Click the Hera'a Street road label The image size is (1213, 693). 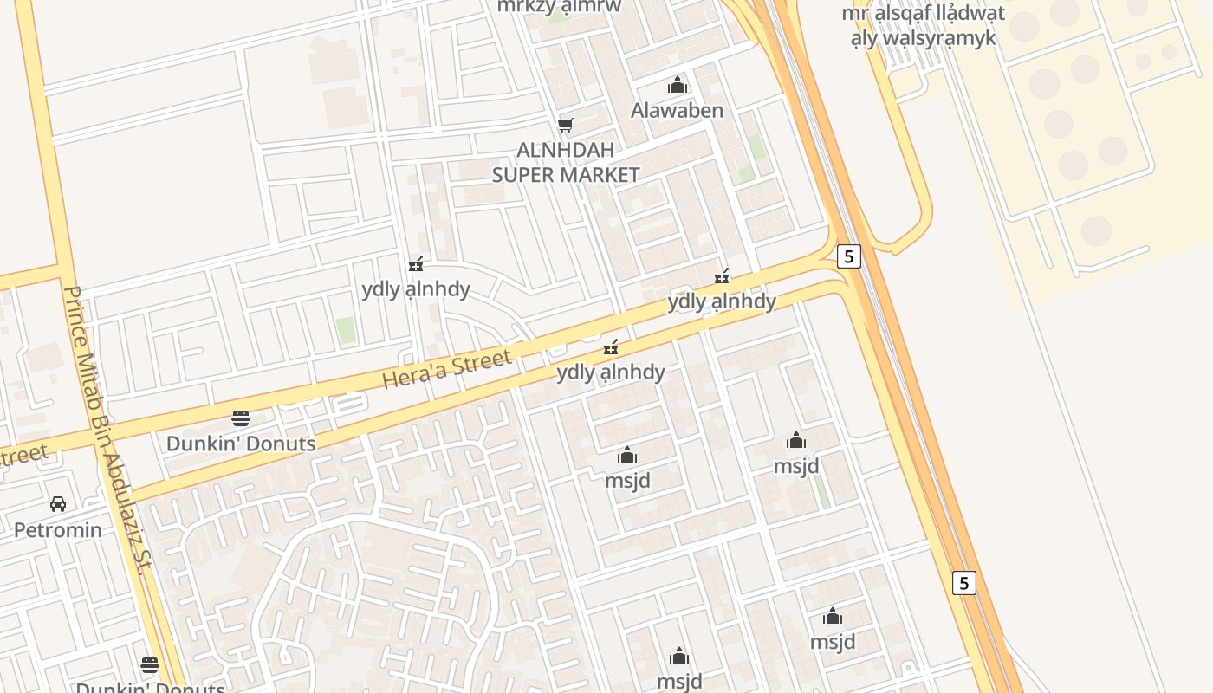(447, 368)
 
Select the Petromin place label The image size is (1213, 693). (57, 529)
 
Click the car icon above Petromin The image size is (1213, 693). (58, 503)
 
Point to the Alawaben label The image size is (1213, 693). (677, 110)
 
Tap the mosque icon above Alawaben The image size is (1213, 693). (677, 85)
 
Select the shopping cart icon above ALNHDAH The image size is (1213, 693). (565, 125)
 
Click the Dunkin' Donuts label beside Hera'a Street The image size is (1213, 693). (241, 444)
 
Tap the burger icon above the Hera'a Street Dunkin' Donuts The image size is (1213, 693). (241, 418)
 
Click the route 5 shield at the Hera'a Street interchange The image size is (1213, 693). (849, 256)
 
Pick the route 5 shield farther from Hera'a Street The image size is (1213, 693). (963, 582)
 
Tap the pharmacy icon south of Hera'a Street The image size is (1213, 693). (611, 347)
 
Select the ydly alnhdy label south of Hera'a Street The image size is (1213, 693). (611, 372)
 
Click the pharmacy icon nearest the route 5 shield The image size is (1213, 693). (721, 276)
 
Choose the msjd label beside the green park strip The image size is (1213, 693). (796, 466)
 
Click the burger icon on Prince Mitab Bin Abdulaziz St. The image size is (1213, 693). (150, 665)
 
